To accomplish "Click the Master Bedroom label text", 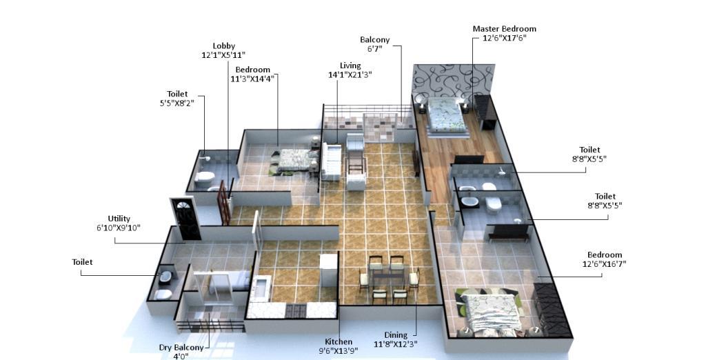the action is (x=504, y=29).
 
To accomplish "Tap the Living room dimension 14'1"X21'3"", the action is (x=350, y=75).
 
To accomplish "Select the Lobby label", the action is (x=224, y=46).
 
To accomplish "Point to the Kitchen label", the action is (x=339, y=341).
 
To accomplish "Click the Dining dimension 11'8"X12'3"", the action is (x=396, y=345).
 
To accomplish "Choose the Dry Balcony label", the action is (x=181, y=348).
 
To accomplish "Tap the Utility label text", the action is (x=119, y=219).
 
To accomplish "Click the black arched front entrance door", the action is (x=186, y=219).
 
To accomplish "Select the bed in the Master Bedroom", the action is (x=445, y=117).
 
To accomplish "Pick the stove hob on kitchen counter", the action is (x=296, y=310).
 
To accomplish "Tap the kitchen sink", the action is (x=260, y=288).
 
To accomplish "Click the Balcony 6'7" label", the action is (x=374, y=44).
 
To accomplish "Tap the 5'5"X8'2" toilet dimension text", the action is (x=177, y=103).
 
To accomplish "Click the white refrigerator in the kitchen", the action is (x=329, y=270).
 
